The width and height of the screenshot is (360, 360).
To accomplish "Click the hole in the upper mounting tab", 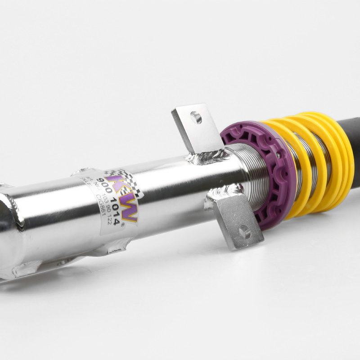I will (196, 117).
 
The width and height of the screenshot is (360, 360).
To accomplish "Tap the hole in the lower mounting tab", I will (244, 232).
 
